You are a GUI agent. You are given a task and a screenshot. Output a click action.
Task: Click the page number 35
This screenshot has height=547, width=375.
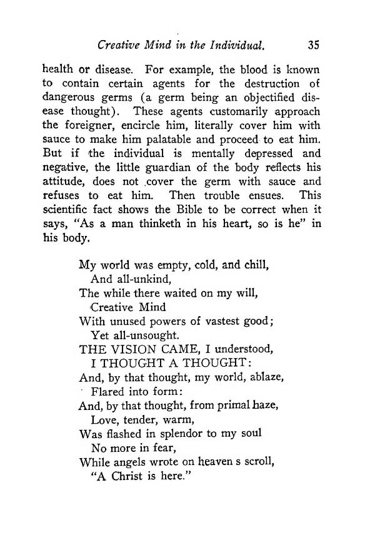coord(314,45)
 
